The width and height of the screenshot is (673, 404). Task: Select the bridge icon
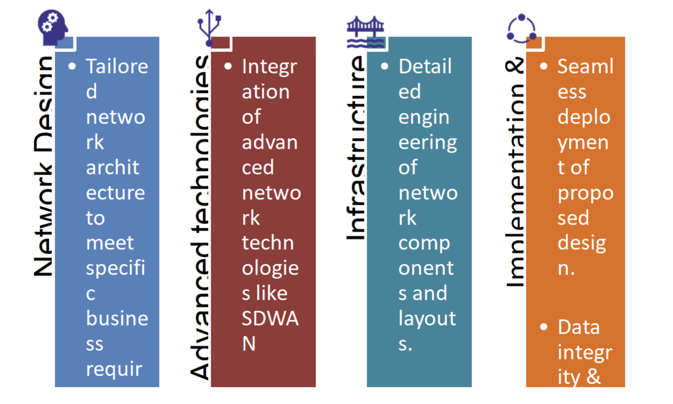click(366, 32)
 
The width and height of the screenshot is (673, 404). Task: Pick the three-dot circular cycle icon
click(521, 29)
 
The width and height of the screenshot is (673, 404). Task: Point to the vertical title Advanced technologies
click(200, 215)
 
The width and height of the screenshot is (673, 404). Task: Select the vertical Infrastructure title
click(355, 148)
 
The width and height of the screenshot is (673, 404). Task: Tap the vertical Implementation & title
click(516, 172)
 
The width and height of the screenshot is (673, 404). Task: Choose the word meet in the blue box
click(110, 243)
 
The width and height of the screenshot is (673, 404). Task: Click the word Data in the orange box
click(578, 327)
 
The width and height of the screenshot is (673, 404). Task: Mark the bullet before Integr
click(229, 67)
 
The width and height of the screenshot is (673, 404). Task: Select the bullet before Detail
click(385, 67)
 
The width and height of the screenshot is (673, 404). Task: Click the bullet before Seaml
click(545, 67)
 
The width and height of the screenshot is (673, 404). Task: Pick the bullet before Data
click(545, 327)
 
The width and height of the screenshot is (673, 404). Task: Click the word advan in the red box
click(269, 142)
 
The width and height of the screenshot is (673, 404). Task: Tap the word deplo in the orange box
click(584, 117)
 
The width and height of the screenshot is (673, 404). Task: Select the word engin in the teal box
click(424, 117)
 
